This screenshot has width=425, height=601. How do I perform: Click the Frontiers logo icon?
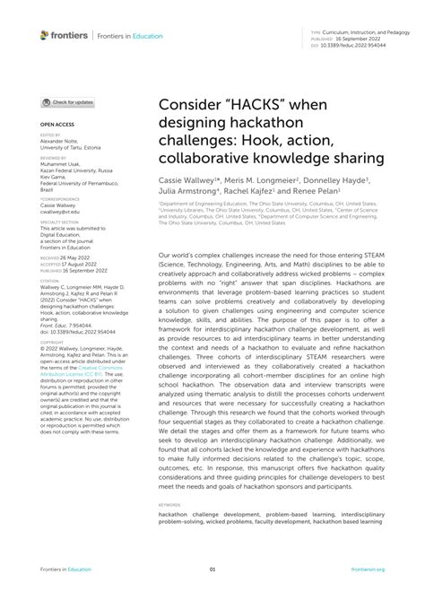[x=44, y=35]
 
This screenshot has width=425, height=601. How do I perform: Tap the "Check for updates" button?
[x=69, y=103]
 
